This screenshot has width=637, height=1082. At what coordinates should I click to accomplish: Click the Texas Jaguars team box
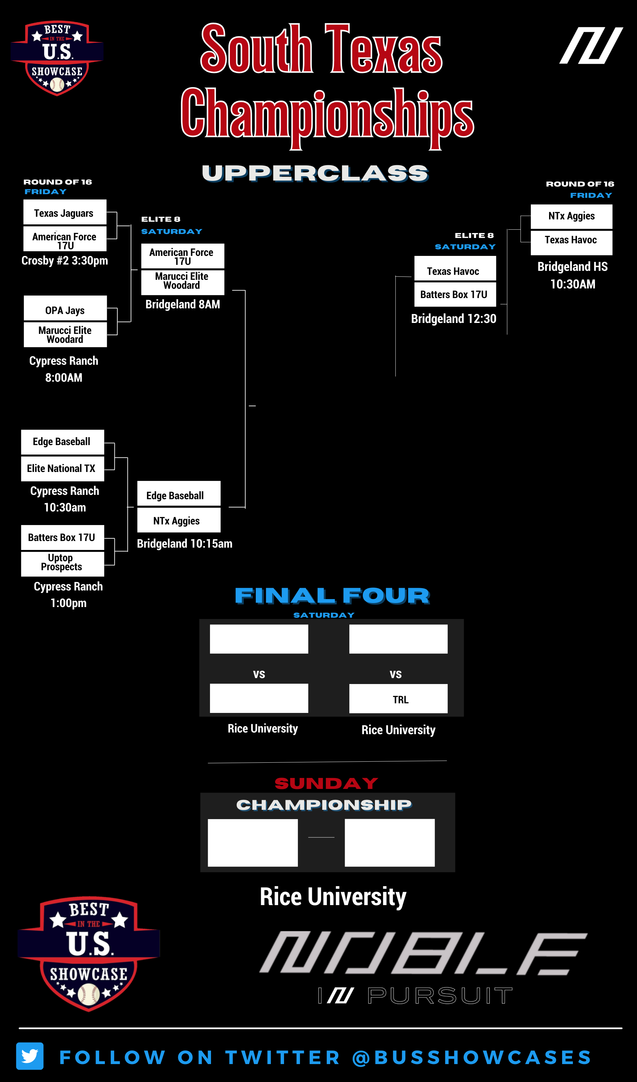pyautogui.click(x=65, y=212)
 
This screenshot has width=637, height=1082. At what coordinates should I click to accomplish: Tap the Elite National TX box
pyautogui.click(x=63, y=468)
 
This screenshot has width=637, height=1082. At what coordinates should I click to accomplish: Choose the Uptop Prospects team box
pyautogui.click(x=63, y=563)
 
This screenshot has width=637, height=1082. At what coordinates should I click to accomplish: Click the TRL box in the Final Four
pyautogui.click(x=398, y=699)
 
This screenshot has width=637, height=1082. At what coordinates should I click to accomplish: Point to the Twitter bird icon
pyautogui.click(x=30, y=1056)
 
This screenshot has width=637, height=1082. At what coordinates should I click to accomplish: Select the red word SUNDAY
pyautogui.click(x=326, y=783)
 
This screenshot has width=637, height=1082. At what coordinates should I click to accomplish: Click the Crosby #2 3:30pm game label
pyautogui.click(x=65, y=261)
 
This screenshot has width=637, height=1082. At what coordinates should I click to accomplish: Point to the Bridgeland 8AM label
pyautogui.click(x=183, y=304)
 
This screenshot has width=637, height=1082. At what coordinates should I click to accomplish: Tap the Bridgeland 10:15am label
pyautogui.click(x=184, y=544)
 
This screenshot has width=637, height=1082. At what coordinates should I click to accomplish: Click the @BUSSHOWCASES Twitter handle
pyautogui.click(x=472, y=1057)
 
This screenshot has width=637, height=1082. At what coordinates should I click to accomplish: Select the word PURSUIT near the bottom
pyautogui.click(x=440, y=995)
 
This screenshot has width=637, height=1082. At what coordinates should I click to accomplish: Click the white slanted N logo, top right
pyautogui.click(x=591, y=45)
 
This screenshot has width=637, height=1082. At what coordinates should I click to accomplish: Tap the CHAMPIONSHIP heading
pyautogui.click(x=324, y=805)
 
